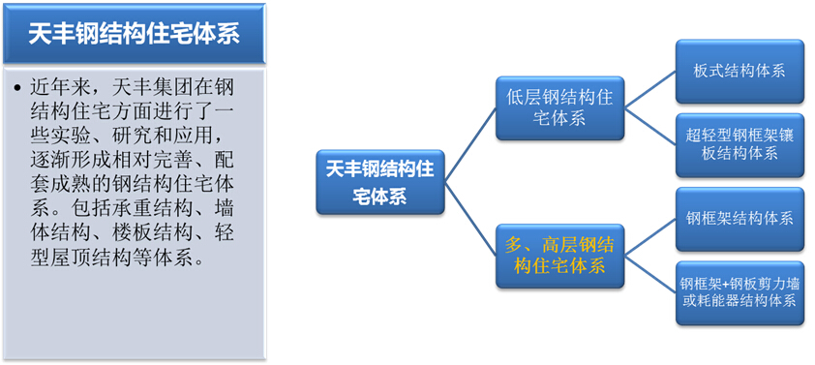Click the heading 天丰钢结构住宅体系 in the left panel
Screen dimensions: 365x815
click(134, 35)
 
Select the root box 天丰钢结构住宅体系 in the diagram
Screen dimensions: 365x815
click(379, 182)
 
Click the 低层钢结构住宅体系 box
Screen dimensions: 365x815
click(558, 107)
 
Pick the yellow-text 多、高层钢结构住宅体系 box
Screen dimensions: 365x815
click(558, 254)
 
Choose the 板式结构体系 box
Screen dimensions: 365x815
click(740, 71)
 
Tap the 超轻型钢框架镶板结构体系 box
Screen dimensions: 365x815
click(740, 143)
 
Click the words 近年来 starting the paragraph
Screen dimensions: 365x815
click(60, 90)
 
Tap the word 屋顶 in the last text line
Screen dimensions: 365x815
click(86, 260)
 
